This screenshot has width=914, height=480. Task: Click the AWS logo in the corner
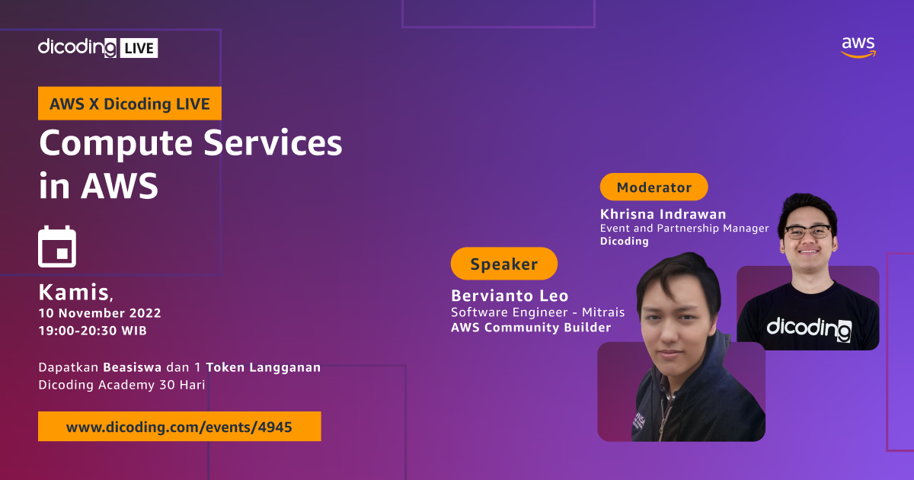858,47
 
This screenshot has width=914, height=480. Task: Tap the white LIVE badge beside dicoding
138,48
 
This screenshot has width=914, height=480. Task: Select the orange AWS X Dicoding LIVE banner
129,104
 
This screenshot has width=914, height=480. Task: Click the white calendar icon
57,247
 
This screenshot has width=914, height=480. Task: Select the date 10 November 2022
100,313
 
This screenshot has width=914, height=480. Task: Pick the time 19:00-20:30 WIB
92,331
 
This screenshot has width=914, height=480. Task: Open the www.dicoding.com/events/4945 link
179,427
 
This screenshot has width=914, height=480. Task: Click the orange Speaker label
503,264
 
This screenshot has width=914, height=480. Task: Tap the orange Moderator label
654,187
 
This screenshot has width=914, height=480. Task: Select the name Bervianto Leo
510,296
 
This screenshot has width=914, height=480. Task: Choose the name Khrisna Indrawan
663,214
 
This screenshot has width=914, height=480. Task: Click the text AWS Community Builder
531,328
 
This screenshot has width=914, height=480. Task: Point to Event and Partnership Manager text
684,228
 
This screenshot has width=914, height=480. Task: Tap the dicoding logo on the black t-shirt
808,328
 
